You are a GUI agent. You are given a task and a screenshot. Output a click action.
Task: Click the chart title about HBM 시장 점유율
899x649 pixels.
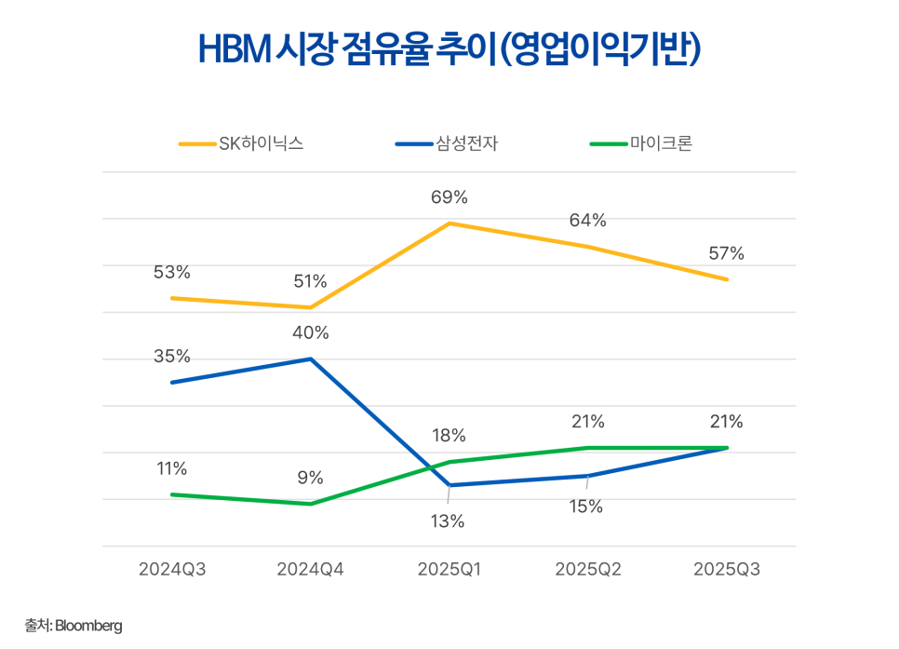[x=449, y=50]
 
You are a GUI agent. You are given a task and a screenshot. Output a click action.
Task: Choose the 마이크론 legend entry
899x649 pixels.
[x=641, y=143]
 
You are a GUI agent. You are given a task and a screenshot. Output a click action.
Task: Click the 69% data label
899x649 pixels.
[x=449, y=197]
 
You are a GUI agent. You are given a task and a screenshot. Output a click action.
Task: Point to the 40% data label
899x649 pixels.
[x=310, y=333]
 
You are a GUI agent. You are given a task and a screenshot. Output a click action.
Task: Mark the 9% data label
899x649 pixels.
[x=310, y=478]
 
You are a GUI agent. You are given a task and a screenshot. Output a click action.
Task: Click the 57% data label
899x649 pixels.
[x=726, y=253]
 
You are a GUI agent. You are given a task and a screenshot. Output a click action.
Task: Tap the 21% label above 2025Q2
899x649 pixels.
[x=587, y=422]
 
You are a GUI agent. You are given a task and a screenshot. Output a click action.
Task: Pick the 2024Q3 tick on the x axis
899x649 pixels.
[x=171, y=570]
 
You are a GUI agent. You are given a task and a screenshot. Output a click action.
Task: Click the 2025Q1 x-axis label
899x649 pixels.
[x=449, y=570]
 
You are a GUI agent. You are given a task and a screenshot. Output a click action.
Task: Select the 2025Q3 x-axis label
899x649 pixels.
[x=727, y=570]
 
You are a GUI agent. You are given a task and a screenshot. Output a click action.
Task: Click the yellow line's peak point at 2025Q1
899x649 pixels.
[x=449, y=223]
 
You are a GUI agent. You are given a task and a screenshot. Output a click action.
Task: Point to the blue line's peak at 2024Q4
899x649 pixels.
[x=310, y=358]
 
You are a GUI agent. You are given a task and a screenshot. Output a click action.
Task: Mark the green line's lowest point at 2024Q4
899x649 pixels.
[x=310, y=504]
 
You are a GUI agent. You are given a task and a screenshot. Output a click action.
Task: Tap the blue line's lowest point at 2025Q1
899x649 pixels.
[x=449, y=485]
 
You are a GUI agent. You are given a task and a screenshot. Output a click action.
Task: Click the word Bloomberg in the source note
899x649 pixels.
[x=88, y=627]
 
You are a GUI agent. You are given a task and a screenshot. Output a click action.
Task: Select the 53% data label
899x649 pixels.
[x=171, y=272]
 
